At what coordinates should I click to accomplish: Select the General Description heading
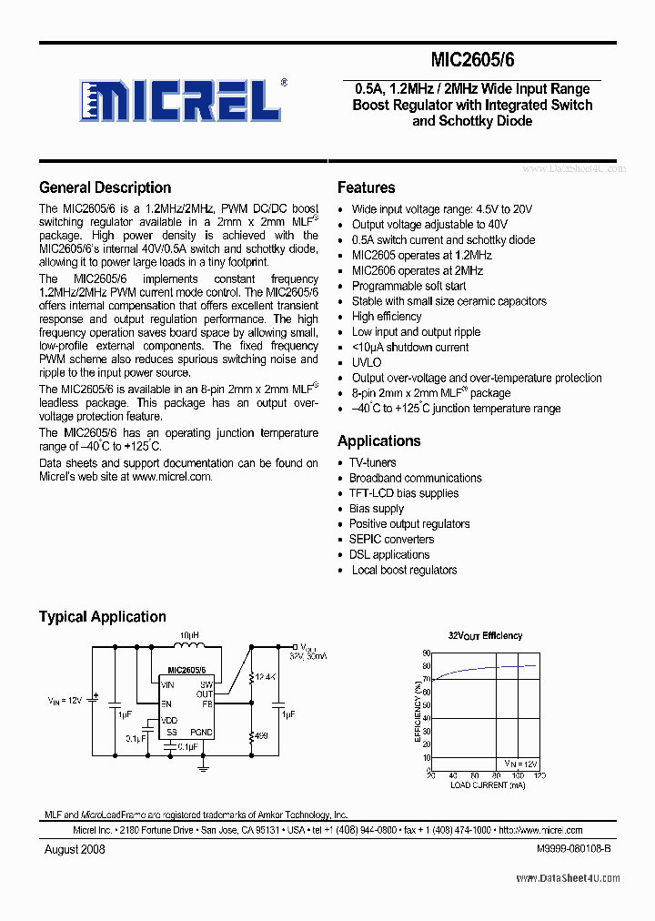(x=105, y=187)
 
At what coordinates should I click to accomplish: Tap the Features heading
(x=366, y=187)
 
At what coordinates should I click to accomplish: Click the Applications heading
(x=378, y=440)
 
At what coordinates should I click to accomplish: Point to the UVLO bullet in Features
(x=367, y=362)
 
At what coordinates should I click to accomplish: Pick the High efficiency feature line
(x=387, y=316)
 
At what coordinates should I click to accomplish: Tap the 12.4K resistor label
(x=267, y=677)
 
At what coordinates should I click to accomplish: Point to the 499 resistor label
(x=261, y=735)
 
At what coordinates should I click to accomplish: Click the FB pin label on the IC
(x=207, y=703)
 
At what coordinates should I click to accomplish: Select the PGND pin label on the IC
(x=201, y=732)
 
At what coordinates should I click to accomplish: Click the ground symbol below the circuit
(x=203, y=767)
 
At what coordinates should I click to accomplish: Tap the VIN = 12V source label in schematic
(x=65, y=700)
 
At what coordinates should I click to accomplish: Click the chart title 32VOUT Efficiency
(x=485, y=635)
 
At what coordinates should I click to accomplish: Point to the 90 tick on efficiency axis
(x=426, y=653)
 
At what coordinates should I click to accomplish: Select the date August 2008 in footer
(x=75, y=848)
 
